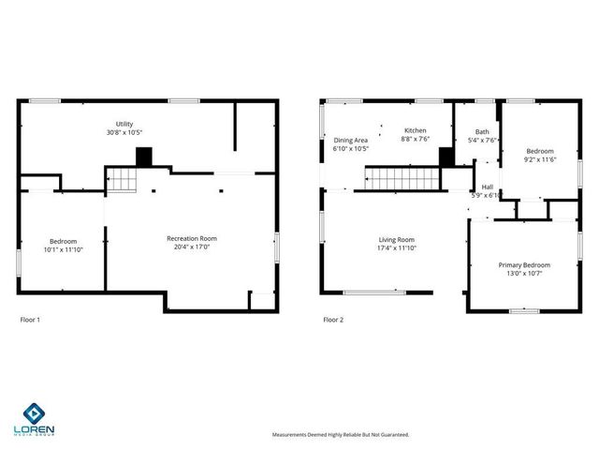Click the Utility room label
click(124, 124)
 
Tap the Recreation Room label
click(192, 238)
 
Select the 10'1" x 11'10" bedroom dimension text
click(64, 249)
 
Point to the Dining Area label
click(351, 140)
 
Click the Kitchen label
click(416, 130)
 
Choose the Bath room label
click(482, 132)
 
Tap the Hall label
click(488, 161)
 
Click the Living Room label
click(396, 239)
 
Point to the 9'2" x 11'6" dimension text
click(540, 159)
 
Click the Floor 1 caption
click(30, 320)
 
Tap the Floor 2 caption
click(333, 320)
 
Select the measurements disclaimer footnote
click(341, 435)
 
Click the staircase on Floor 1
click(120, 179)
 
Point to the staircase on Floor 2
click(402, 177)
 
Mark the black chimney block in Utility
click(144, 157)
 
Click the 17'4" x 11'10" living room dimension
click(396, 248)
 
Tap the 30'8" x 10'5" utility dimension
click(124, 133)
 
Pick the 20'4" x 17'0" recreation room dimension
click(192, 247)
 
